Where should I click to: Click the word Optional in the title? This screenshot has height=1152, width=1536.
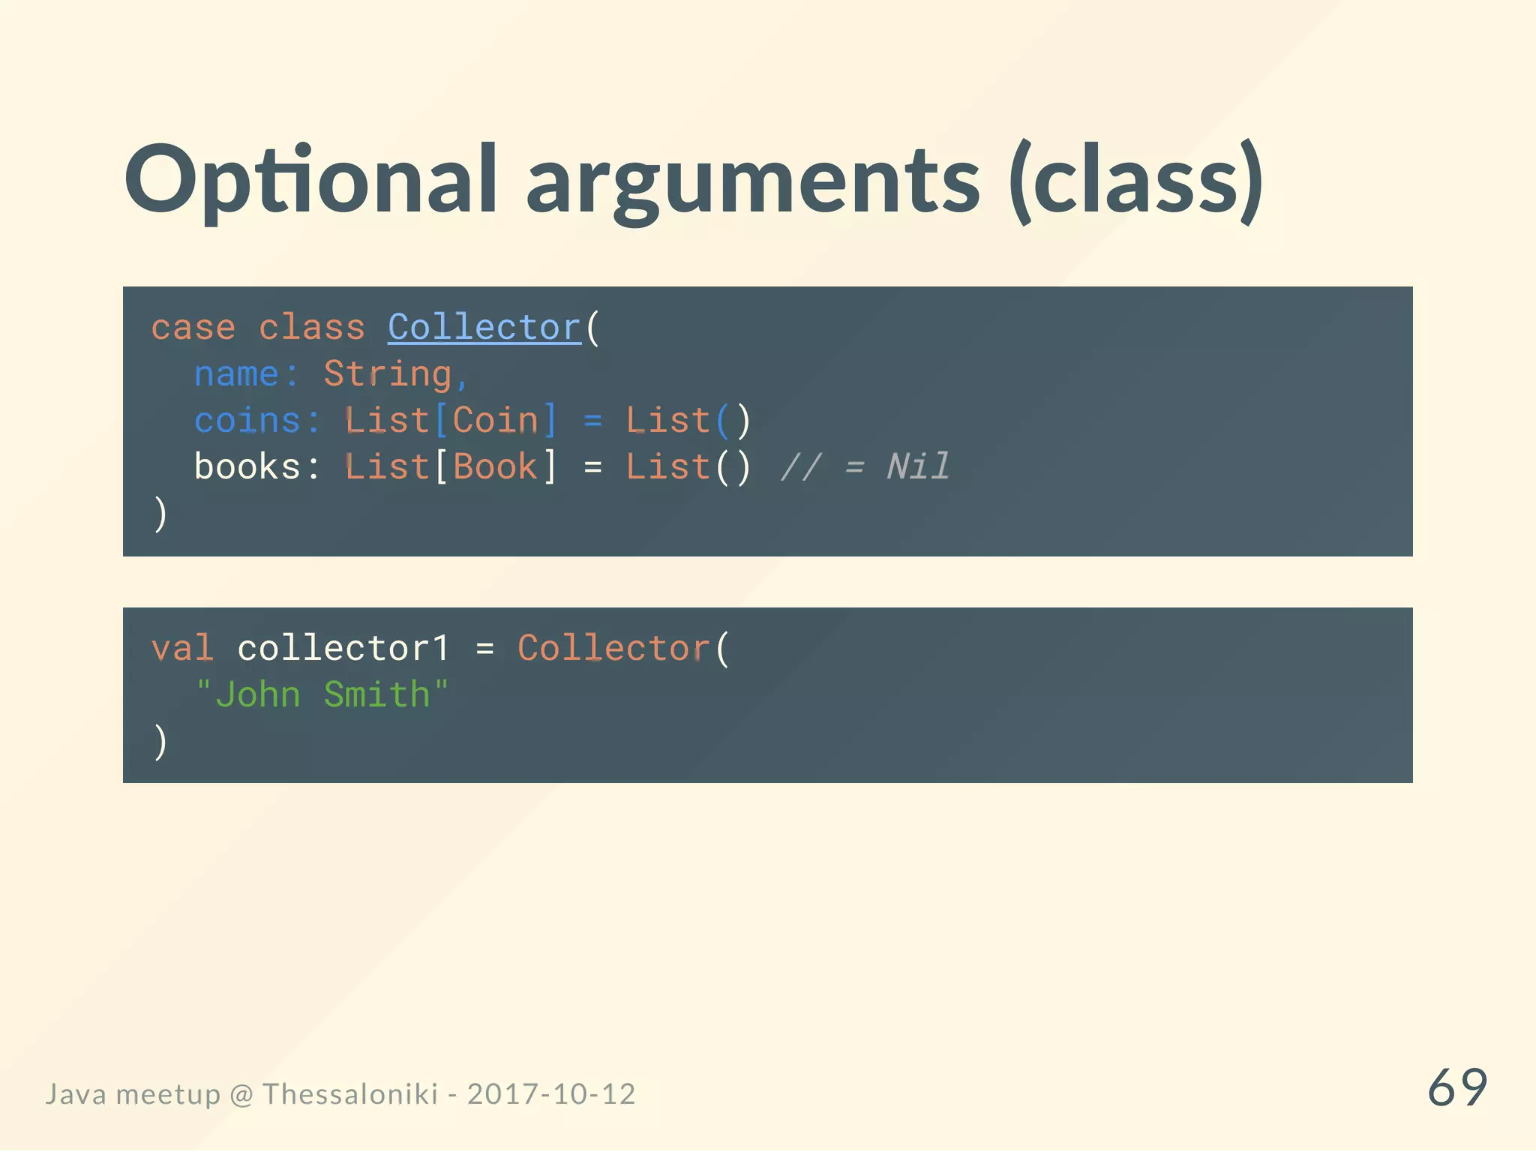point(310,180)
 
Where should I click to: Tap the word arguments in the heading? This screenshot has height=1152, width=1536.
point(752,184)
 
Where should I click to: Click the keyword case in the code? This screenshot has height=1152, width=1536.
point(193,328)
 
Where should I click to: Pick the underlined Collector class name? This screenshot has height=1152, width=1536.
point(484,328)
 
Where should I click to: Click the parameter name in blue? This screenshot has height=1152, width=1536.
point(236,374)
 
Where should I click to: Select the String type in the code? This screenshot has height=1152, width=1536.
point(387,374)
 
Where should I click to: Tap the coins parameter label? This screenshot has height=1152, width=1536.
point(247,420)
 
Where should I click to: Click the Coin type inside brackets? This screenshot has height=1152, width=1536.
point(496,420)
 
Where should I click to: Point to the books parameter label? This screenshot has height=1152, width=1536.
point(247,466)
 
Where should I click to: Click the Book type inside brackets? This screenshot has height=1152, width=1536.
point(496,466)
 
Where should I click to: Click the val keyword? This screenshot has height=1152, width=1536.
point(182,648)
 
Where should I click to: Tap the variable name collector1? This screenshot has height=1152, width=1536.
point(343,648)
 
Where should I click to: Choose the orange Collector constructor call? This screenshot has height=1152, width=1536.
point(613,648)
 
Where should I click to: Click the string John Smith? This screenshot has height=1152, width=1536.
point(322,694)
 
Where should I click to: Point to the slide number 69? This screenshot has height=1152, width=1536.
point(1456,1087)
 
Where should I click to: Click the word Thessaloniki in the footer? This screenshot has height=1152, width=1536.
point(349,1094)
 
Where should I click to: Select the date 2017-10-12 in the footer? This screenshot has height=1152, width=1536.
point(551,1094)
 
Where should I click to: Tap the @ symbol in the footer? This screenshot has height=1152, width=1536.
point(241,1095)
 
